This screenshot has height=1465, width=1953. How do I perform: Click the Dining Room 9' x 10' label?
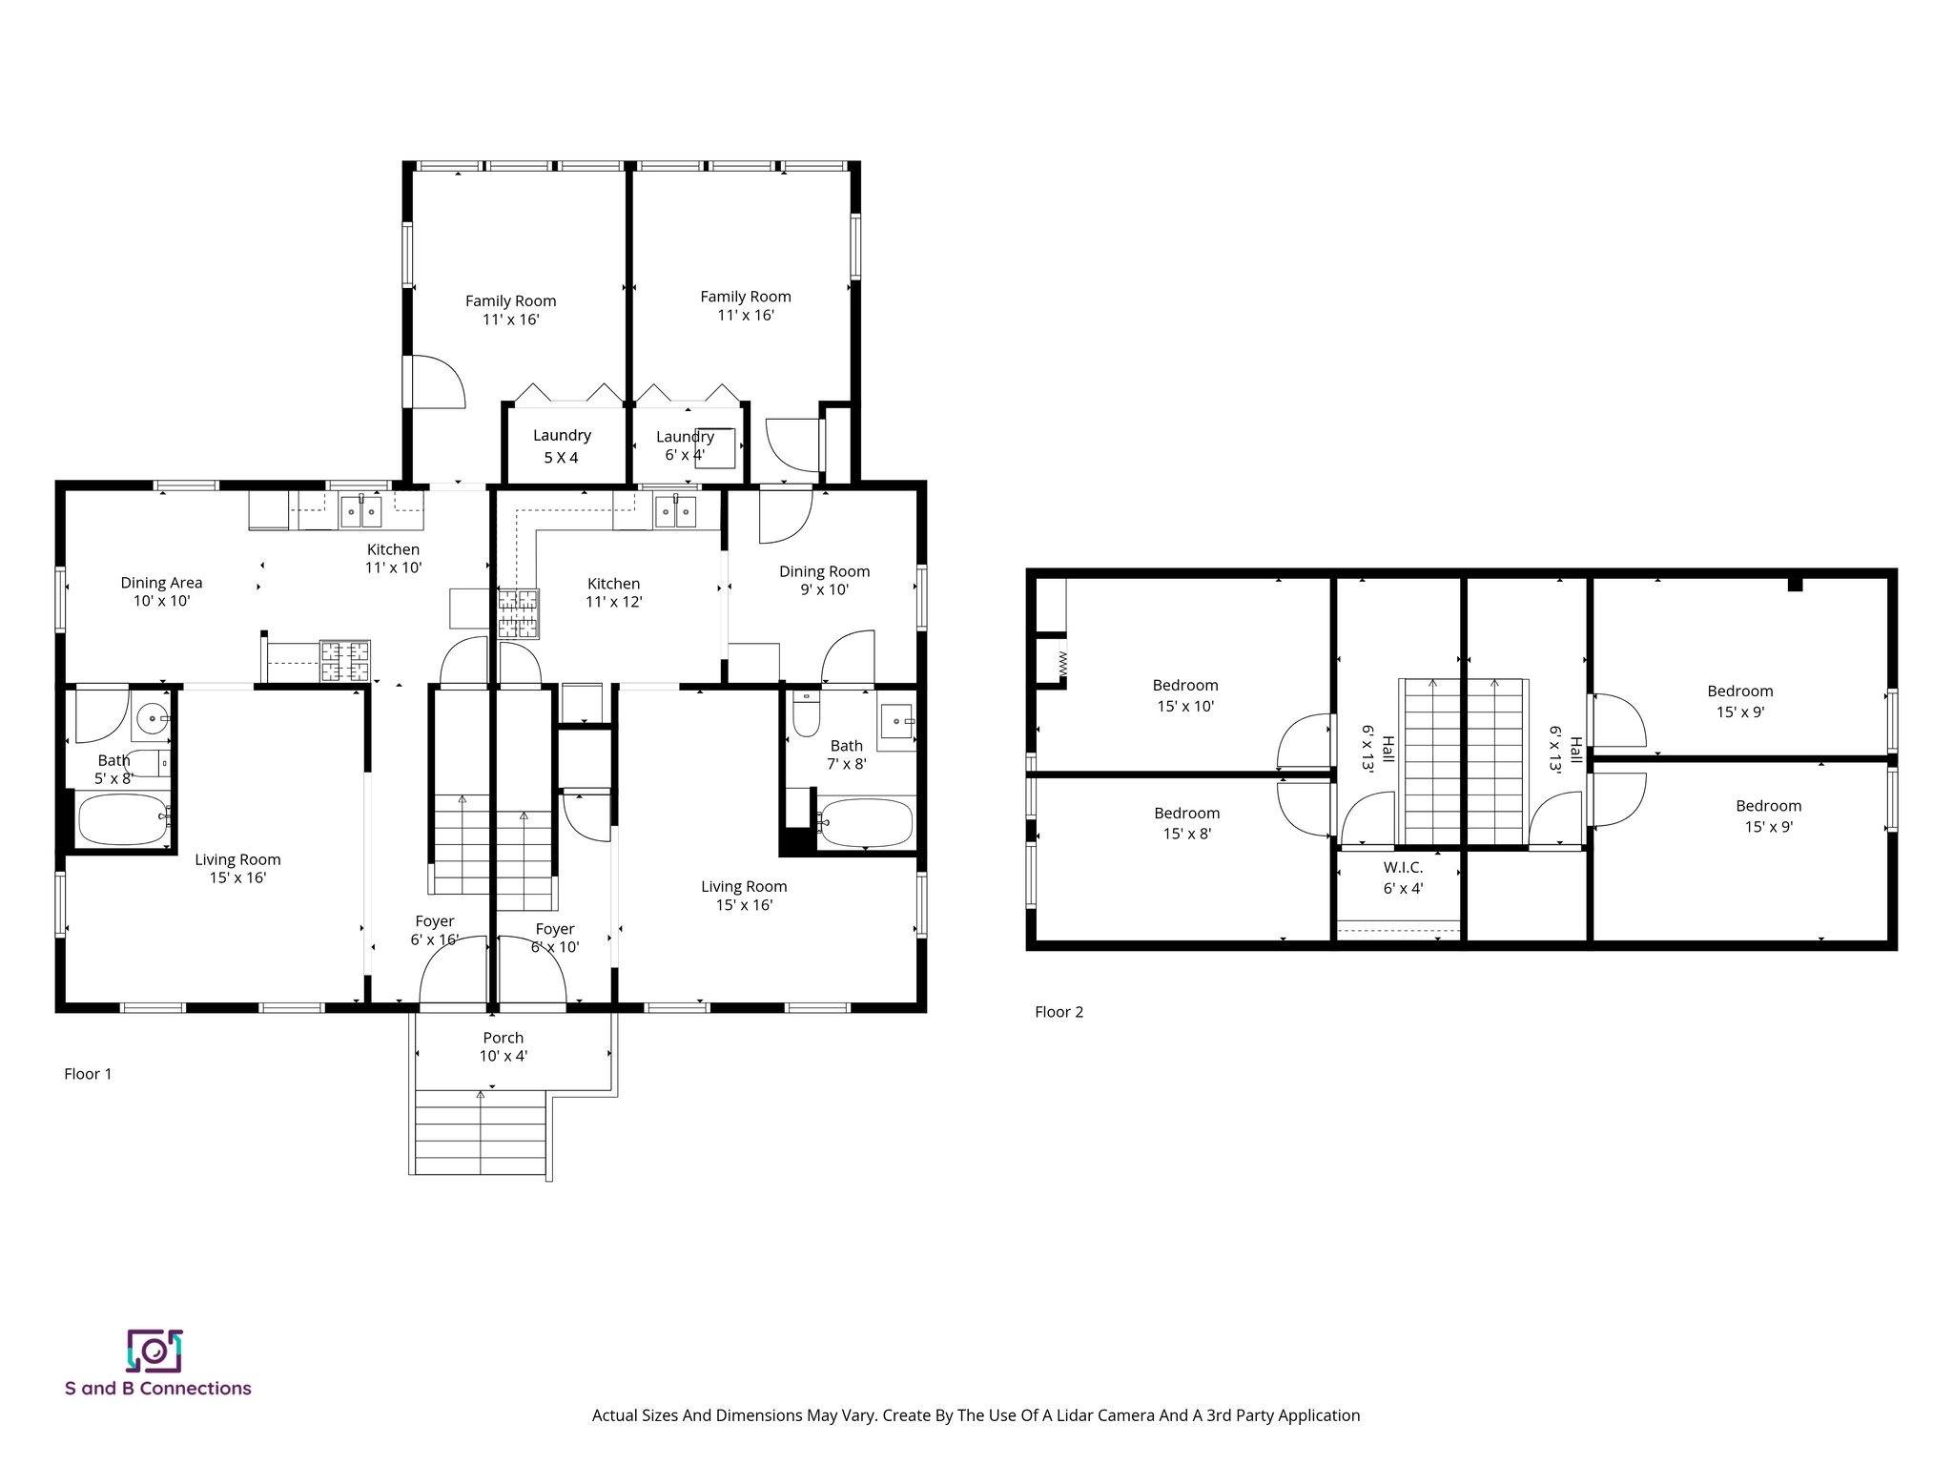pos(824,580)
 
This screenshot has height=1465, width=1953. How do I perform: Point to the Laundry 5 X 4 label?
pos(562,445)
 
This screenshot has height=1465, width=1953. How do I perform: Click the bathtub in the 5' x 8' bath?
pos(123,820)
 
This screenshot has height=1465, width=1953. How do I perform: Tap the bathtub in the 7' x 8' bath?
pos(867,823)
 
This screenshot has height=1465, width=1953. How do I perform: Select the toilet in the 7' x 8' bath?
pos(806,713)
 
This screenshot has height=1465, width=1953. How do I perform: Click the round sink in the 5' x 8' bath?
pos(152,717)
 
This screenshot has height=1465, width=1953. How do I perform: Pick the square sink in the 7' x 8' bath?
pos(896,718)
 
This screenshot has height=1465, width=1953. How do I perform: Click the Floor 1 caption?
pos(88,1074)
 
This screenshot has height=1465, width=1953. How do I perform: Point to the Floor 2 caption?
pos(1059,1012)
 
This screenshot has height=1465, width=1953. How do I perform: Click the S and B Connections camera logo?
pos(154,1351)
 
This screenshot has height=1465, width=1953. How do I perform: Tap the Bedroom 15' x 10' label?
pos(1185,695)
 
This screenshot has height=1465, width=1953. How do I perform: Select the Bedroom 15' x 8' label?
pos(1186,823)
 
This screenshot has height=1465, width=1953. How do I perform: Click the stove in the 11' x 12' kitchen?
pos(518,613)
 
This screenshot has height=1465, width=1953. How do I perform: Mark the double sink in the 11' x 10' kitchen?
pos(361,512)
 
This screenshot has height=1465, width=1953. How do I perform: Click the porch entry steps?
pos(481,1133)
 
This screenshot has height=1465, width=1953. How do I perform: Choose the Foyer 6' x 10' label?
pos(555,938)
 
